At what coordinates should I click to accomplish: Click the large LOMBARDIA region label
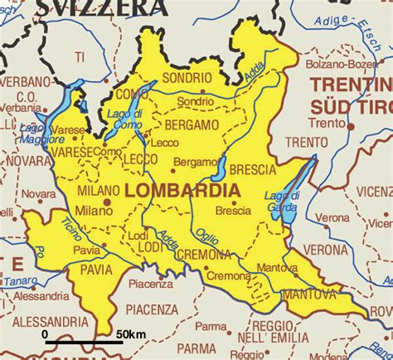tap(182, 191)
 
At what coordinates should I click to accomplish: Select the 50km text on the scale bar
tap(130, 333)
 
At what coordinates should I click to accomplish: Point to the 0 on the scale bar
tap(46, 333)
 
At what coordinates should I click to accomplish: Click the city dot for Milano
tap(107, 201)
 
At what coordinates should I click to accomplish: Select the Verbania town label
tap(19, 108)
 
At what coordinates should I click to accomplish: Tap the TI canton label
tap(80, 56)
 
